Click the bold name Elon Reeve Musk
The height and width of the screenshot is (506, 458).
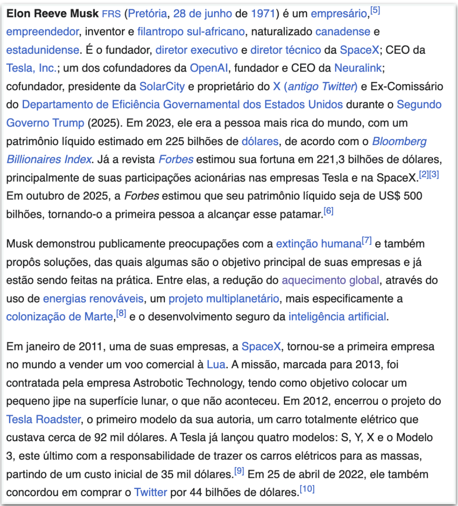(x=52, y=14)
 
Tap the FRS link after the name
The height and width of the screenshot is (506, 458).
(x=111, y=14)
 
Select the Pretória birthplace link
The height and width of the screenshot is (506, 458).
(x=148, y=14)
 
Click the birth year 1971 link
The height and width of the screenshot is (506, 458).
(x=263, y=14)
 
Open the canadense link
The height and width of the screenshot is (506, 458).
(x=343, y=32)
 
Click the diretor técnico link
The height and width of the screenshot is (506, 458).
(x=286, y=50)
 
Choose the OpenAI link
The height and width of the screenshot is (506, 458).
(x=209, y=68)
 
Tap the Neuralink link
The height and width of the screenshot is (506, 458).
(x=360, y=68)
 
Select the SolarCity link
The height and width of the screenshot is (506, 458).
(x=162, y=86)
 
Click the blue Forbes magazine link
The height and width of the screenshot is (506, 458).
(x=176, y=159)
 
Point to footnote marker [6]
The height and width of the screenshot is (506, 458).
(x=328, y=211)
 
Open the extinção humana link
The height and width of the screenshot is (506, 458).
(x=319, y=244)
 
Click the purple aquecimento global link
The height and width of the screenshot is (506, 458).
(x=330, y=280)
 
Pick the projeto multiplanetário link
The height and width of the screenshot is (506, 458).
(x=224, y=298)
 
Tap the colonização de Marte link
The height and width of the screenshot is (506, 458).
(x=60, y=317)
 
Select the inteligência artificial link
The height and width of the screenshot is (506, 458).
(x=337, y=317)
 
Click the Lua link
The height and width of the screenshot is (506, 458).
(x=216, y=365)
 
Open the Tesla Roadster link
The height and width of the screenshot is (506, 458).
(x=43, y=419)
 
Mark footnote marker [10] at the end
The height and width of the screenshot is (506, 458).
(x=307, y=489)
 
